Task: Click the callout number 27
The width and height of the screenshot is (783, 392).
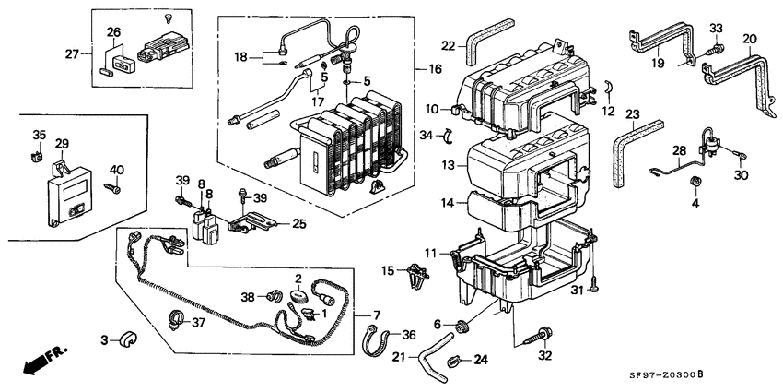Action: point(72,54)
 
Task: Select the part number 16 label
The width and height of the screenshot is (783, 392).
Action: point(435,69)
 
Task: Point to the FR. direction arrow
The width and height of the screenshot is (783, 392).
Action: point(44,361)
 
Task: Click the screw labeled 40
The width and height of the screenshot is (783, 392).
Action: point(113,188)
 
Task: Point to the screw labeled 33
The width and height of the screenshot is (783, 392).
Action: point(714,50)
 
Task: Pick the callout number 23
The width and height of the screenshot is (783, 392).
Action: point(632,114)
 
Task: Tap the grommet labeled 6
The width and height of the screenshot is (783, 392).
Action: point(462,327)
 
